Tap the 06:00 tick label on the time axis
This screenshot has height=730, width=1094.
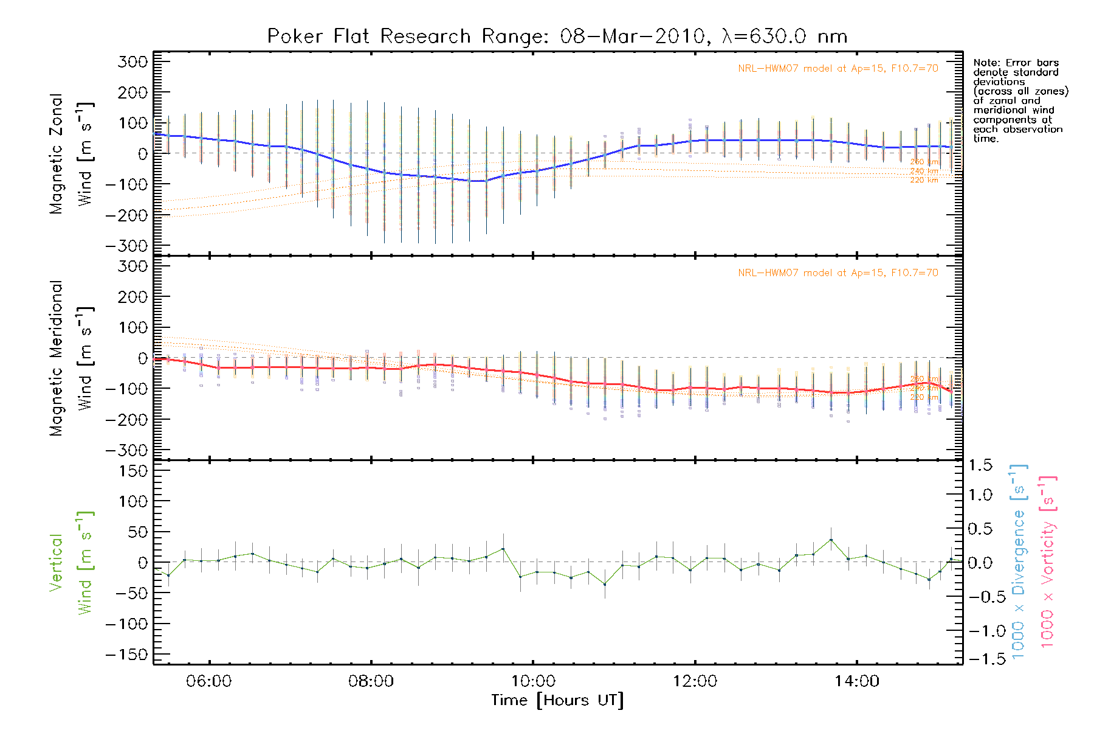209,681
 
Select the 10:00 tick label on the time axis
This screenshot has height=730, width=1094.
533,681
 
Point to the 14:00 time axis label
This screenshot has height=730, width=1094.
857,681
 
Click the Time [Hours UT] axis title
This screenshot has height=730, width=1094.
557,700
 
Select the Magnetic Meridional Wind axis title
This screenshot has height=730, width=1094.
71,358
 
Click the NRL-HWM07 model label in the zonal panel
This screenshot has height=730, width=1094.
838,68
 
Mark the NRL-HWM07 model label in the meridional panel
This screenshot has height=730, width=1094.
838,273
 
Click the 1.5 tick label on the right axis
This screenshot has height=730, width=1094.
980,465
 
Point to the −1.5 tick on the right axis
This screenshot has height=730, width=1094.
980,659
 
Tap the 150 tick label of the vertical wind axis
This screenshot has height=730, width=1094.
134,471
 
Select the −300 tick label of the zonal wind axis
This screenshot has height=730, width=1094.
126,246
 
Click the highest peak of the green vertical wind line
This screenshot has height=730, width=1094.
831,540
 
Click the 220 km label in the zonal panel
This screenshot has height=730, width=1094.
924,180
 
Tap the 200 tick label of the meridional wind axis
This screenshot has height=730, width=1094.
134,297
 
